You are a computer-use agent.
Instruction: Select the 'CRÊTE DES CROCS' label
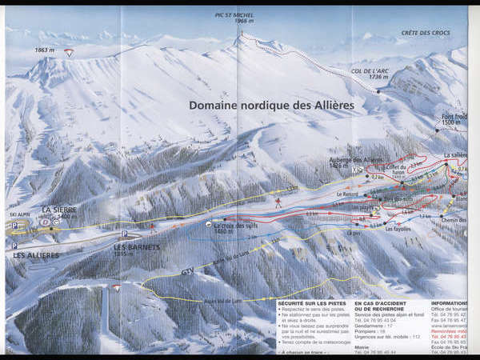425,33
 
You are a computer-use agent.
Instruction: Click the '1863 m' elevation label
44,51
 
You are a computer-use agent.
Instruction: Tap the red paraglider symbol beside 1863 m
69,53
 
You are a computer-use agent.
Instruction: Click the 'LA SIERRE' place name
59,210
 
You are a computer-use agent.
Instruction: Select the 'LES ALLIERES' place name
36,255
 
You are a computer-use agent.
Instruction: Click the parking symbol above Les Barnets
124,234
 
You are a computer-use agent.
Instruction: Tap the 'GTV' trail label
186,272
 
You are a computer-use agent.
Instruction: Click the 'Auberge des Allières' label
374,160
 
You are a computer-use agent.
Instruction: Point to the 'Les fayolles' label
398,229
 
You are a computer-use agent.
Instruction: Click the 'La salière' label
454,154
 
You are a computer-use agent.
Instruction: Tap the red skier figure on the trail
278,202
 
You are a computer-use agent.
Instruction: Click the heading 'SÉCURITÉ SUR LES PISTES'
312,304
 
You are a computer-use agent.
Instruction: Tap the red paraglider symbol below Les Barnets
117,288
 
